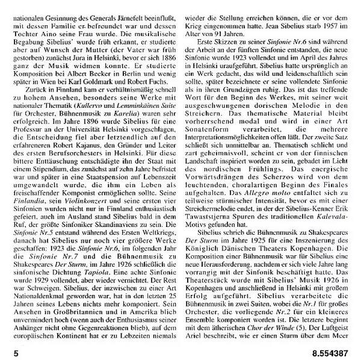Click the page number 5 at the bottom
pyautogui.click(x=7, y=348)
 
